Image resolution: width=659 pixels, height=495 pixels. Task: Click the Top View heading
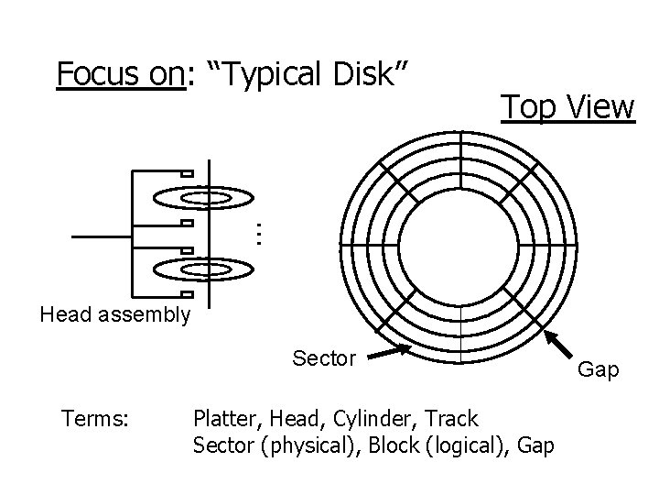pyautogui.click(x=567, y=107)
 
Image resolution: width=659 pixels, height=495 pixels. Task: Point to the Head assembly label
pyautogui.click(x=115, y=316)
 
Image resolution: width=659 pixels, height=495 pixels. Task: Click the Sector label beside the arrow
pyautogui.click(x=324, y=357)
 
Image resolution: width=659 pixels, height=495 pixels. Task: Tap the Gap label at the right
pyautogui.click(x=600, y=370)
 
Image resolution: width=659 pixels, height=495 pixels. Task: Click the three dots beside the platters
pyautogui.click(x=258, y=234)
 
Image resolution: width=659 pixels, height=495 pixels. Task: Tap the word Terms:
pyautogui.click(x=95, y=420)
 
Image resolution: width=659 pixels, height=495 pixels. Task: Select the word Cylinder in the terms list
pyautogui.click(x=371, y=420)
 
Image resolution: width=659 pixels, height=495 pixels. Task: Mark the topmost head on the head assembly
pyautogui.click(x=186, y=174)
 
